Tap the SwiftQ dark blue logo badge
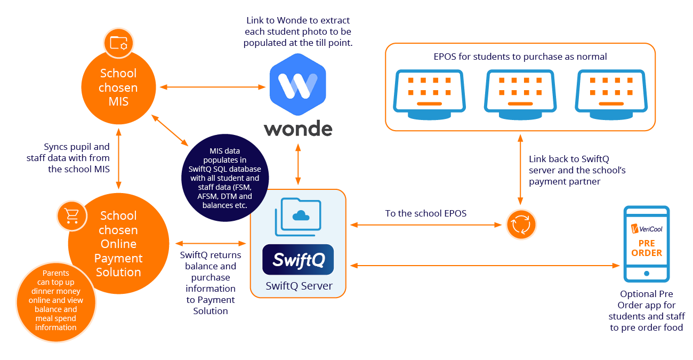298,260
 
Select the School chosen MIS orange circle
118,87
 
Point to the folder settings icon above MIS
118,43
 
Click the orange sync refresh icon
520,225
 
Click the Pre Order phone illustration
646,244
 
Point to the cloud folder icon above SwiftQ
298,215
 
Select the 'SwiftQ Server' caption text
299,286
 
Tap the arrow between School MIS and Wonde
212,86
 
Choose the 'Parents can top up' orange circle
55,302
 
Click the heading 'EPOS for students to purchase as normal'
520,56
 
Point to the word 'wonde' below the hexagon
298,129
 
